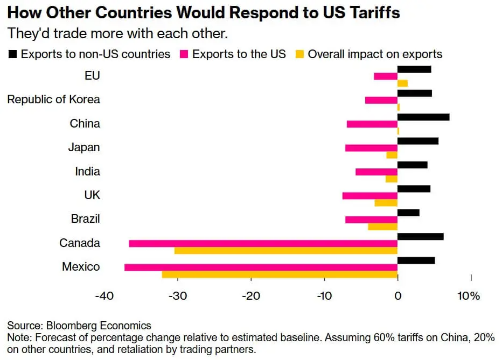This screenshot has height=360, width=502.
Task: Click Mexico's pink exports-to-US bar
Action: [x=261, y=267]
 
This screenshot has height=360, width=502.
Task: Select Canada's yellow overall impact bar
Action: [x=285, y=251]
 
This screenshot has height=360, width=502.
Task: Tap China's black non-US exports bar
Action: [x=423, y=117]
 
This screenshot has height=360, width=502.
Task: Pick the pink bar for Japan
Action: [x=371, y=148]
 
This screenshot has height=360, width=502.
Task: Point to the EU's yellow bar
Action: [x=402, y=83]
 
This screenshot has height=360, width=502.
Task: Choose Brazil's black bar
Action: [x=408, y=213]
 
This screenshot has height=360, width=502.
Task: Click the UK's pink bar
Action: [x=369, y=196]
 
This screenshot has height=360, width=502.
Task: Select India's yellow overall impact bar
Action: [x=392, y=179]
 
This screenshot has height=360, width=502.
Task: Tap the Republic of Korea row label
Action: [x=53, y=100]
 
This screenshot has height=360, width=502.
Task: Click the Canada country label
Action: [x=80, y=243]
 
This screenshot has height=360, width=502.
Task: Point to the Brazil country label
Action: [x=85, y=219]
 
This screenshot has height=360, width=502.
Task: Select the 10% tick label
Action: [x=469, y=297]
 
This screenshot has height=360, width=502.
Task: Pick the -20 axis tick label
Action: [x=250, y=297]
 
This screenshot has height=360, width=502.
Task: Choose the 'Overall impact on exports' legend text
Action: [x=375, y=54]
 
